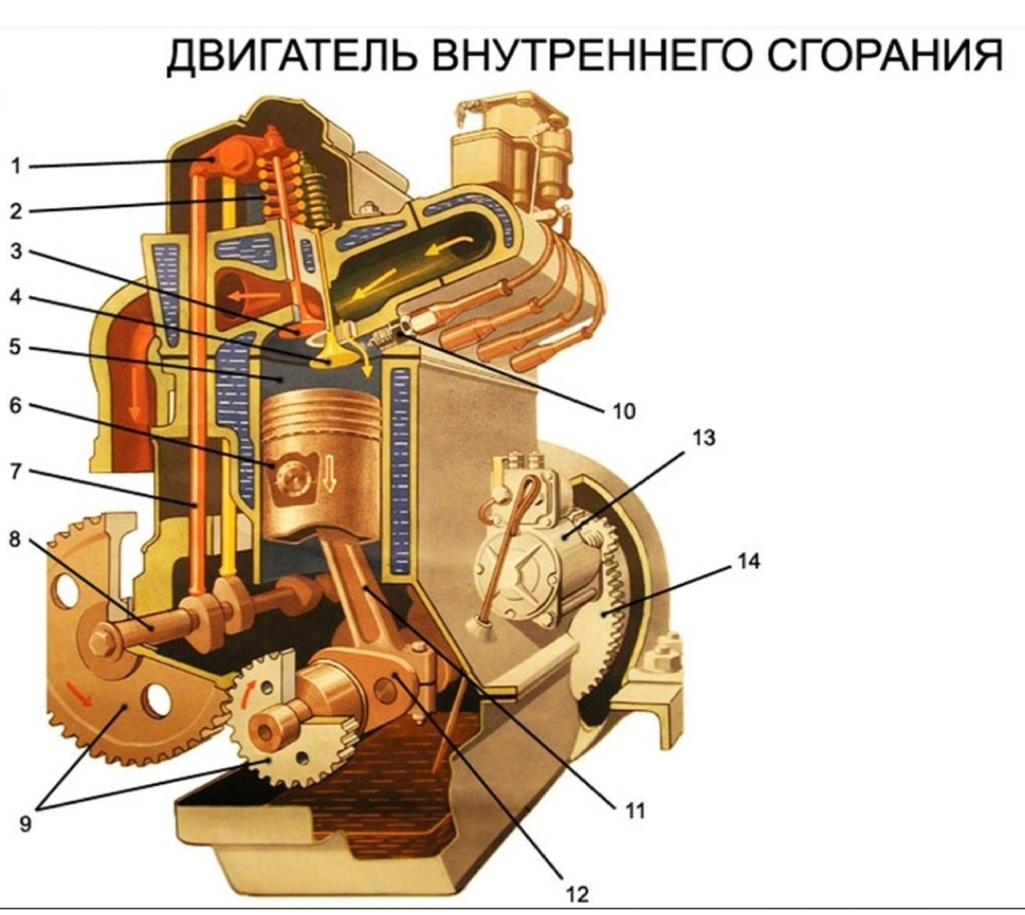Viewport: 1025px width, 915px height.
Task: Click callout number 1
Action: click(16, 165)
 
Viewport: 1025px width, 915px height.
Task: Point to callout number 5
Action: click(16, 347)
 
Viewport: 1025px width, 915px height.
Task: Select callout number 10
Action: click(622, 411)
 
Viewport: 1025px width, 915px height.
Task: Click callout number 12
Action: click(576, 893)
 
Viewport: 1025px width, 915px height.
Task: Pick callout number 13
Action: click(704, 439)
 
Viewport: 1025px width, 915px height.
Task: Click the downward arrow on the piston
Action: click(329, 474)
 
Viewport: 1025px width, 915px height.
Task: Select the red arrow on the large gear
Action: click(82, 699)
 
